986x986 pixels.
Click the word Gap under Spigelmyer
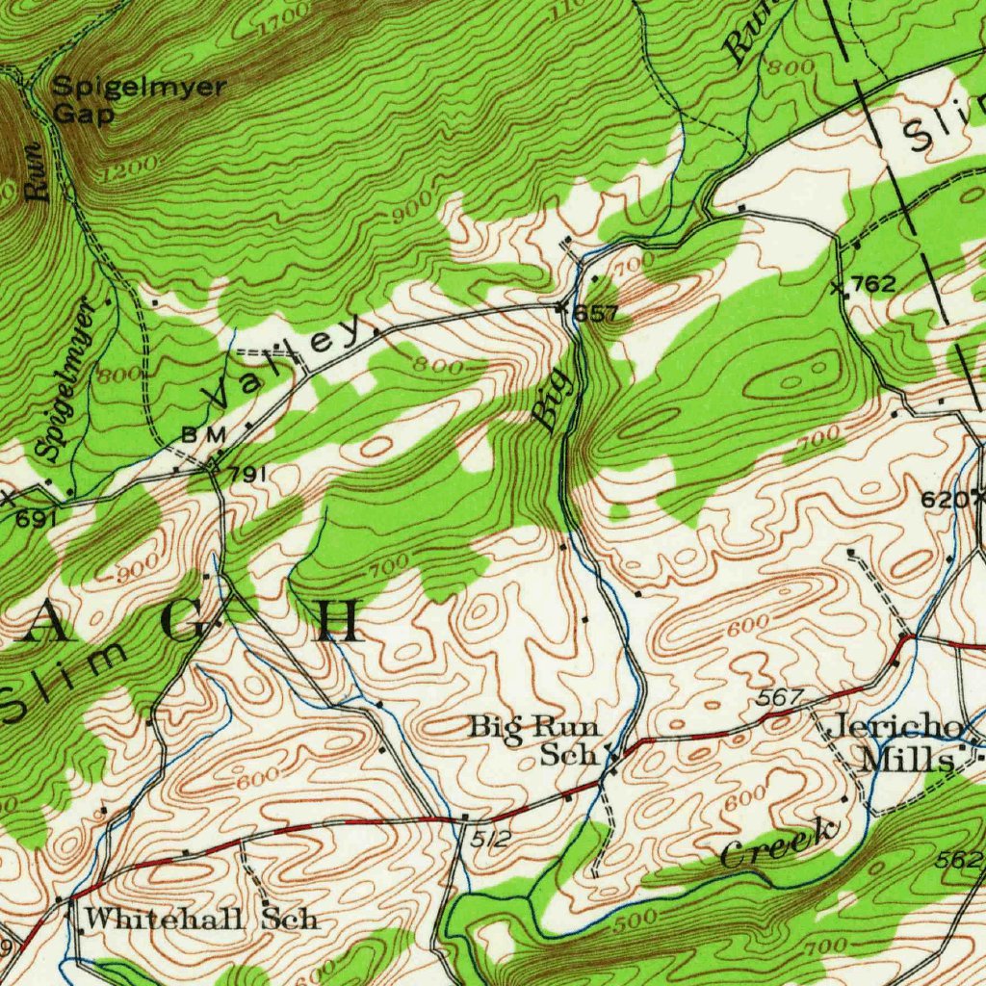pos(83,114)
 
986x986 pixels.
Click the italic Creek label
pos(778,844)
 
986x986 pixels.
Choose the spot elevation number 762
pos(873,284)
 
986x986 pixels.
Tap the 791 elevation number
pos(246,474)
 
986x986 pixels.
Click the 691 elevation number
pos(35,519)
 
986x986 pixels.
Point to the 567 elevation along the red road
pos(774,697)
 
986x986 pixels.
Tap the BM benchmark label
pos(203,435)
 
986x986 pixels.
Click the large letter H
pos(341,622)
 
